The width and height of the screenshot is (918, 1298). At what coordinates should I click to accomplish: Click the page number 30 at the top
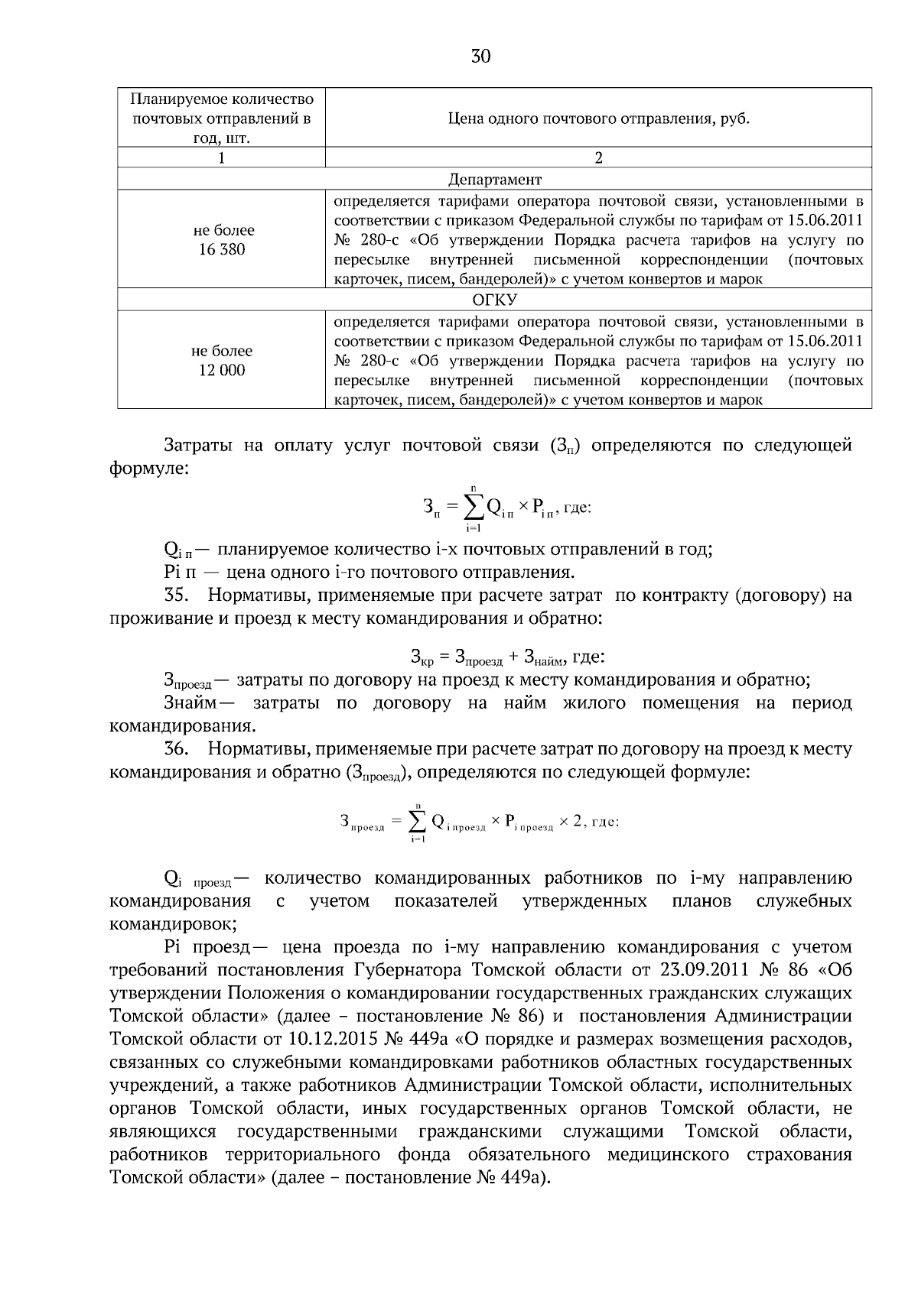click(480, 56)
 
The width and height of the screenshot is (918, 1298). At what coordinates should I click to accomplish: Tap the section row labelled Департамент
click(494, 179)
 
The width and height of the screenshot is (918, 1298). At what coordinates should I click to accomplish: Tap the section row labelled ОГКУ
click(494, 300)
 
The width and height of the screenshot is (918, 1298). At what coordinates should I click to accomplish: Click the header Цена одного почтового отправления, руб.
click(598, 118)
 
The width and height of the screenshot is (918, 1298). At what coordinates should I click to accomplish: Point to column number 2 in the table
click(598, 158)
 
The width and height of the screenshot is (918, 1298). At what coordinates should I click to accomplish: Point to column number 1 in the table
click(222, 158)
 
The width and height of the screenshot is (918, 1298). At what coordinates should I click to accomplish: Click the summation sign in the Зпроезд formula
click(418, 822)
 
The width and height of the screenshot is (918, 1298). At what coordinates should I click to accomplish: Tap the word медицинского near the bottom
click(668, 1154)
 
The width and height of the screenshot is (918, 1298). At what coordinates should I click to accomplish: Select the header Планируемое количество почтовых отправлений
click(222, 118)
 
